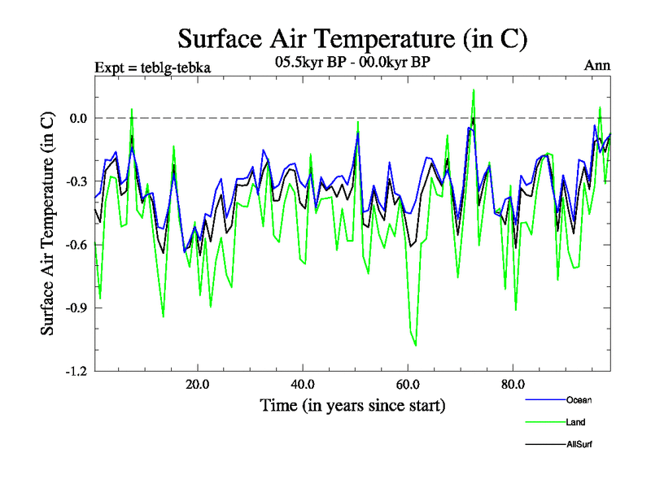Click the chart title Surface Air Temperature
(352, 38)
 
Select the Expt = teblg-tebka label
(153, 68)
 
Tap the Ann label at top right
(597, 66)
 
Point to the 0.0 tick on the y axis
(78, 118)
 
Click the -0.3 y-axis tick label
(76, 181)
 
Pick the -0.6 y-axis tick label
(76, 245)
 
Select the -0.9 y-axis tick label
(76, 308)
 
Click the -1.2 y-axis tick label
(76, 372)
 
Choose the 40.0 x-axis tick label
(303, 384)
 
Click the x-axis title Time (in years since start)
(352, 404)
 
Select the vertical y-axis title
(48, 244)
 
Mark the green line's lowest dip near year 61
(416, 346)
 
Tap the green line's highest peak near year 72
(474, 90)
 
